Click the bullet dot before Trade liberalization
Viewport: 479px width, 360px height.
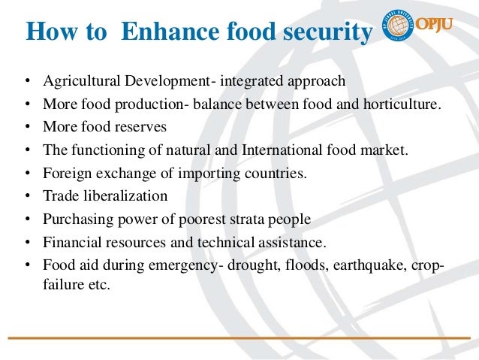(x=27, y=197)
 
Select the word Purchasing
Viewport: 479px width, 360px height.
(x=75, y=220)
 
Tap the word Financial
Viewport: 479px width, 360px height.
(x=71, y=244)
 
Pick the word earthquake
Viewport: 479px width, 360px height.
(x=356, y=267)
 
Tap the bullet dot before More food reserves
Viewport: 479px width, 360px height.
(x=27, y=127)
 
